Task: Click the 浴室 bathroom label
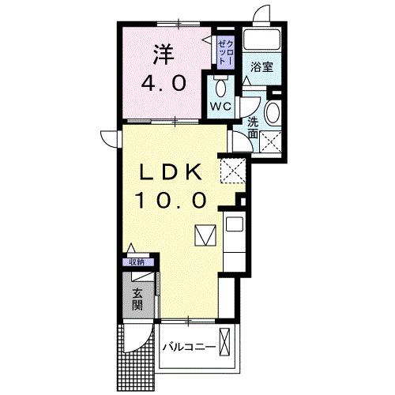(x=263, y=67)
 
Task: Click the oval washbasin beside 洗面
(x=273, y=111)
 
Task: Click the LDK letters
(x=174, y=171)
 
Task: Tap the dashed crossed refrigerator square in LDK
(x=233, y=169)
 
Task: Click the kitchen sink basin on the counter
(x=234, y=224)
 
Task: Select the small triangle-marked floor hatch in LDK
(x=205, y=234)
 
